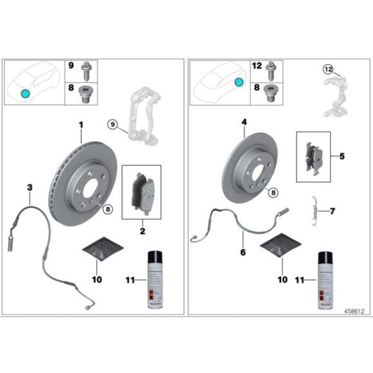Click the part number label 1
81,123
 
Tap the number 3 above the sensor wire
29,187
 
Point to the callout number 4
245,122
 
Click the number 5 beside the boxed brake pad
342,156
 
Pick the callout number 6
242,252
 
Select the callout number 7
332,211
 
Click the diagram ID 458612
353,311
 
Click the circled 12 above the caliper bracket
329,69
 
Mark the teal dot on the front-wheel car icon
24,93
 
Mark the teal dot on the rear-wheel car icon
239,82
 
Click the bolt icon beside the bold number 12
270,66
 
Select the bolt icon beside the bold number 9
85,66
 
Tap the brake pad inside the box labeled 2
141,190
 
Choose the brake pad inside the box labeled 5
314,155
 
